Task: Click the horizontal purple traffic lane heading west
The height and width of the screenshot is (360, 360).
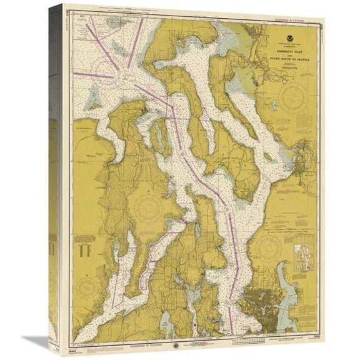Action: coord(94,74)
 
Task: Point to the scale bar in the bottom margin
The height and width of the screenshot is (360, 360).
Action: coord(206,342)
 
